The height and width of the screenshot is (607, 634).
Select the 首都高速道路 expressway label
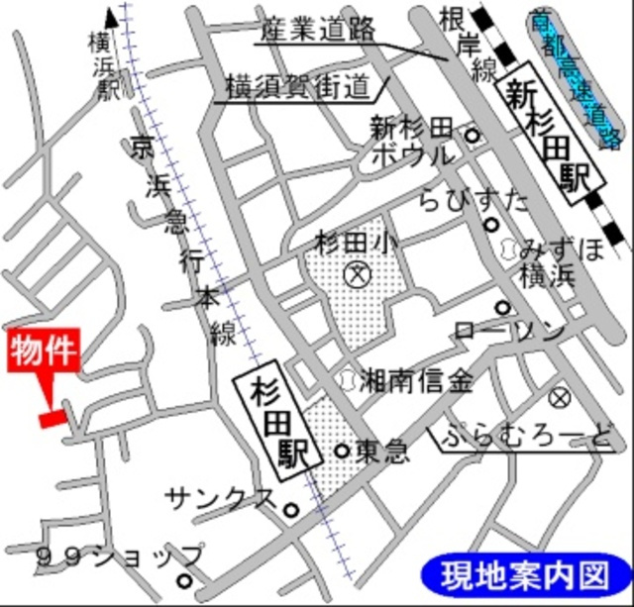pyautogui.click(x=575, y=79)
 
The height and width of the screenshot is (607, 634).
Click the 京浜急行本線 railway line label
pyautogui.click(x=187, y=238)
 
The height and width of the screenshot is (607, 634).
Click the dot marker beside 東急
pyautogui.click(x=342, y=451)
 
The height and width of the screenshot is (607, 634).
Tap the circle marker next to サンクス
pyautogui.click(x=290, y=511)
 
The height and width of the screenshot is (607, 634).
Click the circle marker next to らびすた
pyautogui.click(x=490, y=225)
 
